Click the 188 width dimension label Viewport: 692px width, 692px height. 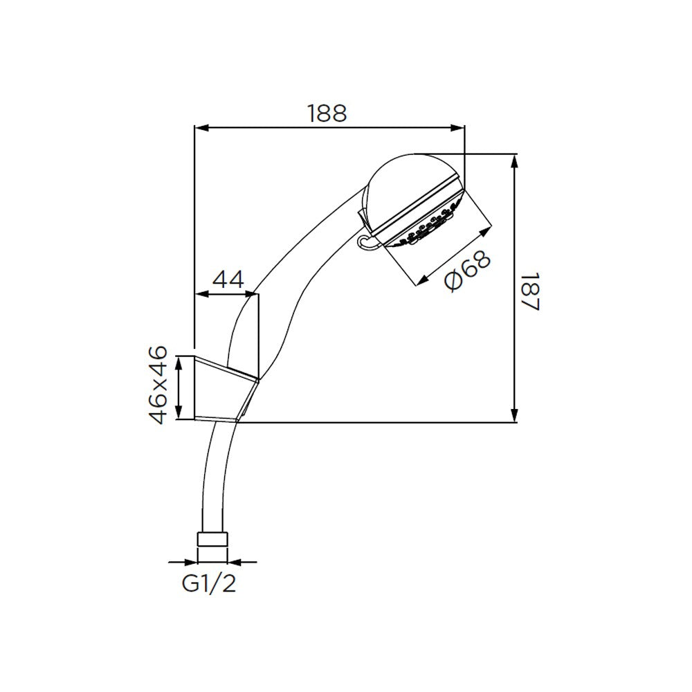(x=327, y=113)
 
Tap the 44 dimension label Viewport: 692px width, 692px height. (x=228, y=280)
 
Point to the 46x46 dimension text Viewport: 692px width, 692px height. (x=159, y=385)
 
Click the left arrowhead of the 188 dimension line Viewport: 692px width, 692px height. (x=199, y=127)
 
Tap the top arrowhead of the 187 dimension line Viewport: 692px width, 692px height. (x=515, y=160)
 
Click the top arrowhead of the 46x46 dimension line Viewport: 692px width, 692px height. (x=180, y=361)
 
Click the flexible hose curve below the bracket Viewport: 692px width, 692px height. (x=211, y=471)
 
